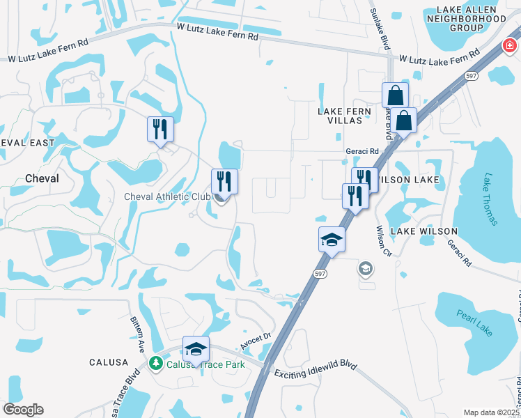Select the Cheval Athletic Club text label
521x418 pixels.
tap(167, 197)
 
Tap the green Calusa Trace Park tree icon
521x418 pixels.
tap(156, 363)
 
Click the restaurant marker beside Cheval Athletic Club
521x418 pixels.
tap(224, 183)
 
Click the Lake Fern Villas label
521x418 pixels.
tap(340, 116)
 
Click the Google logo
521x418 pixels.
tap(23, 410)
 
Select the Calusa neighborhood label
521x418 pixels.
tap(109, 362)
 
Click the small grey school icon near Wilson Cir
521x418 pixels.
tap(365, 268)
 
